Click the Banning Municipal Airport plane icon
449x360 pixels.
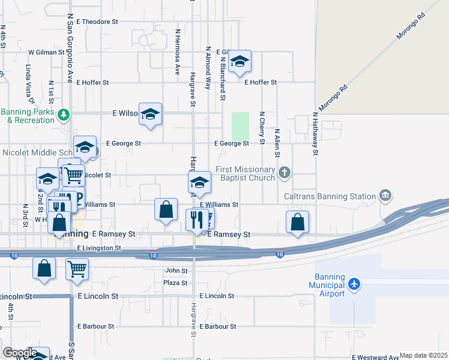[x=355, y=283]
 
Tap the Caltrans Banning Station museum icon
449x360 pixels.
[x=385, y=196]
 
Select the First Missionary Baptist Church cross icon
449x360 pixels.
[x=285, y=173]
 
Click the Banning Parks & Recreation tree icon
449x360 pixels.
[x=64, y=113]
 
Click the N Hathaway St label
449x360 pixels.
[x=315, y=133]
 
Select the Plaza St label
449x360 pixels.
[x=175, y=283]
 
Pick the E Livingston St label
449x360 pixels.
[x=99, y=247]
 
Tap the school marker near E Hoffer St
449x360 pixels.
[x=240, y=62]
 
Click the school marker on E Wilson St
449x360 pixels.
[x=150, y=114]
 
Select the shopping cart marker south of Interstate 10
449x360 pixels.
[x=77, y=269]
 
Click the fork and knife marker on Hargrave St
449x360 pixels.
[x=196, y=220]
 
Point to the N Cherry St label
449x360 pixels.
[x=262, y=127]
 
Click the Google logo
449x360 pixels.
[x=20, y=353]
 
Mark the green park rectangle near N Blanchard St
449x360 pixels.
[x=240, y=126]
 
